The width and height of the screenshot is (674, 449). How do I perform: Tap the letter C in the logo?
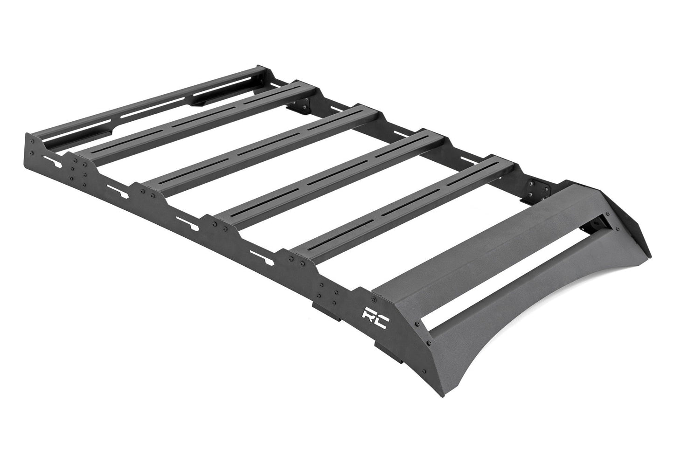tap(382, 320)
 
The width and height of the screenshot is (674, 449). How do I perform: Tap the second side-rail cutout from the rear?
tap(115, 189)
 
